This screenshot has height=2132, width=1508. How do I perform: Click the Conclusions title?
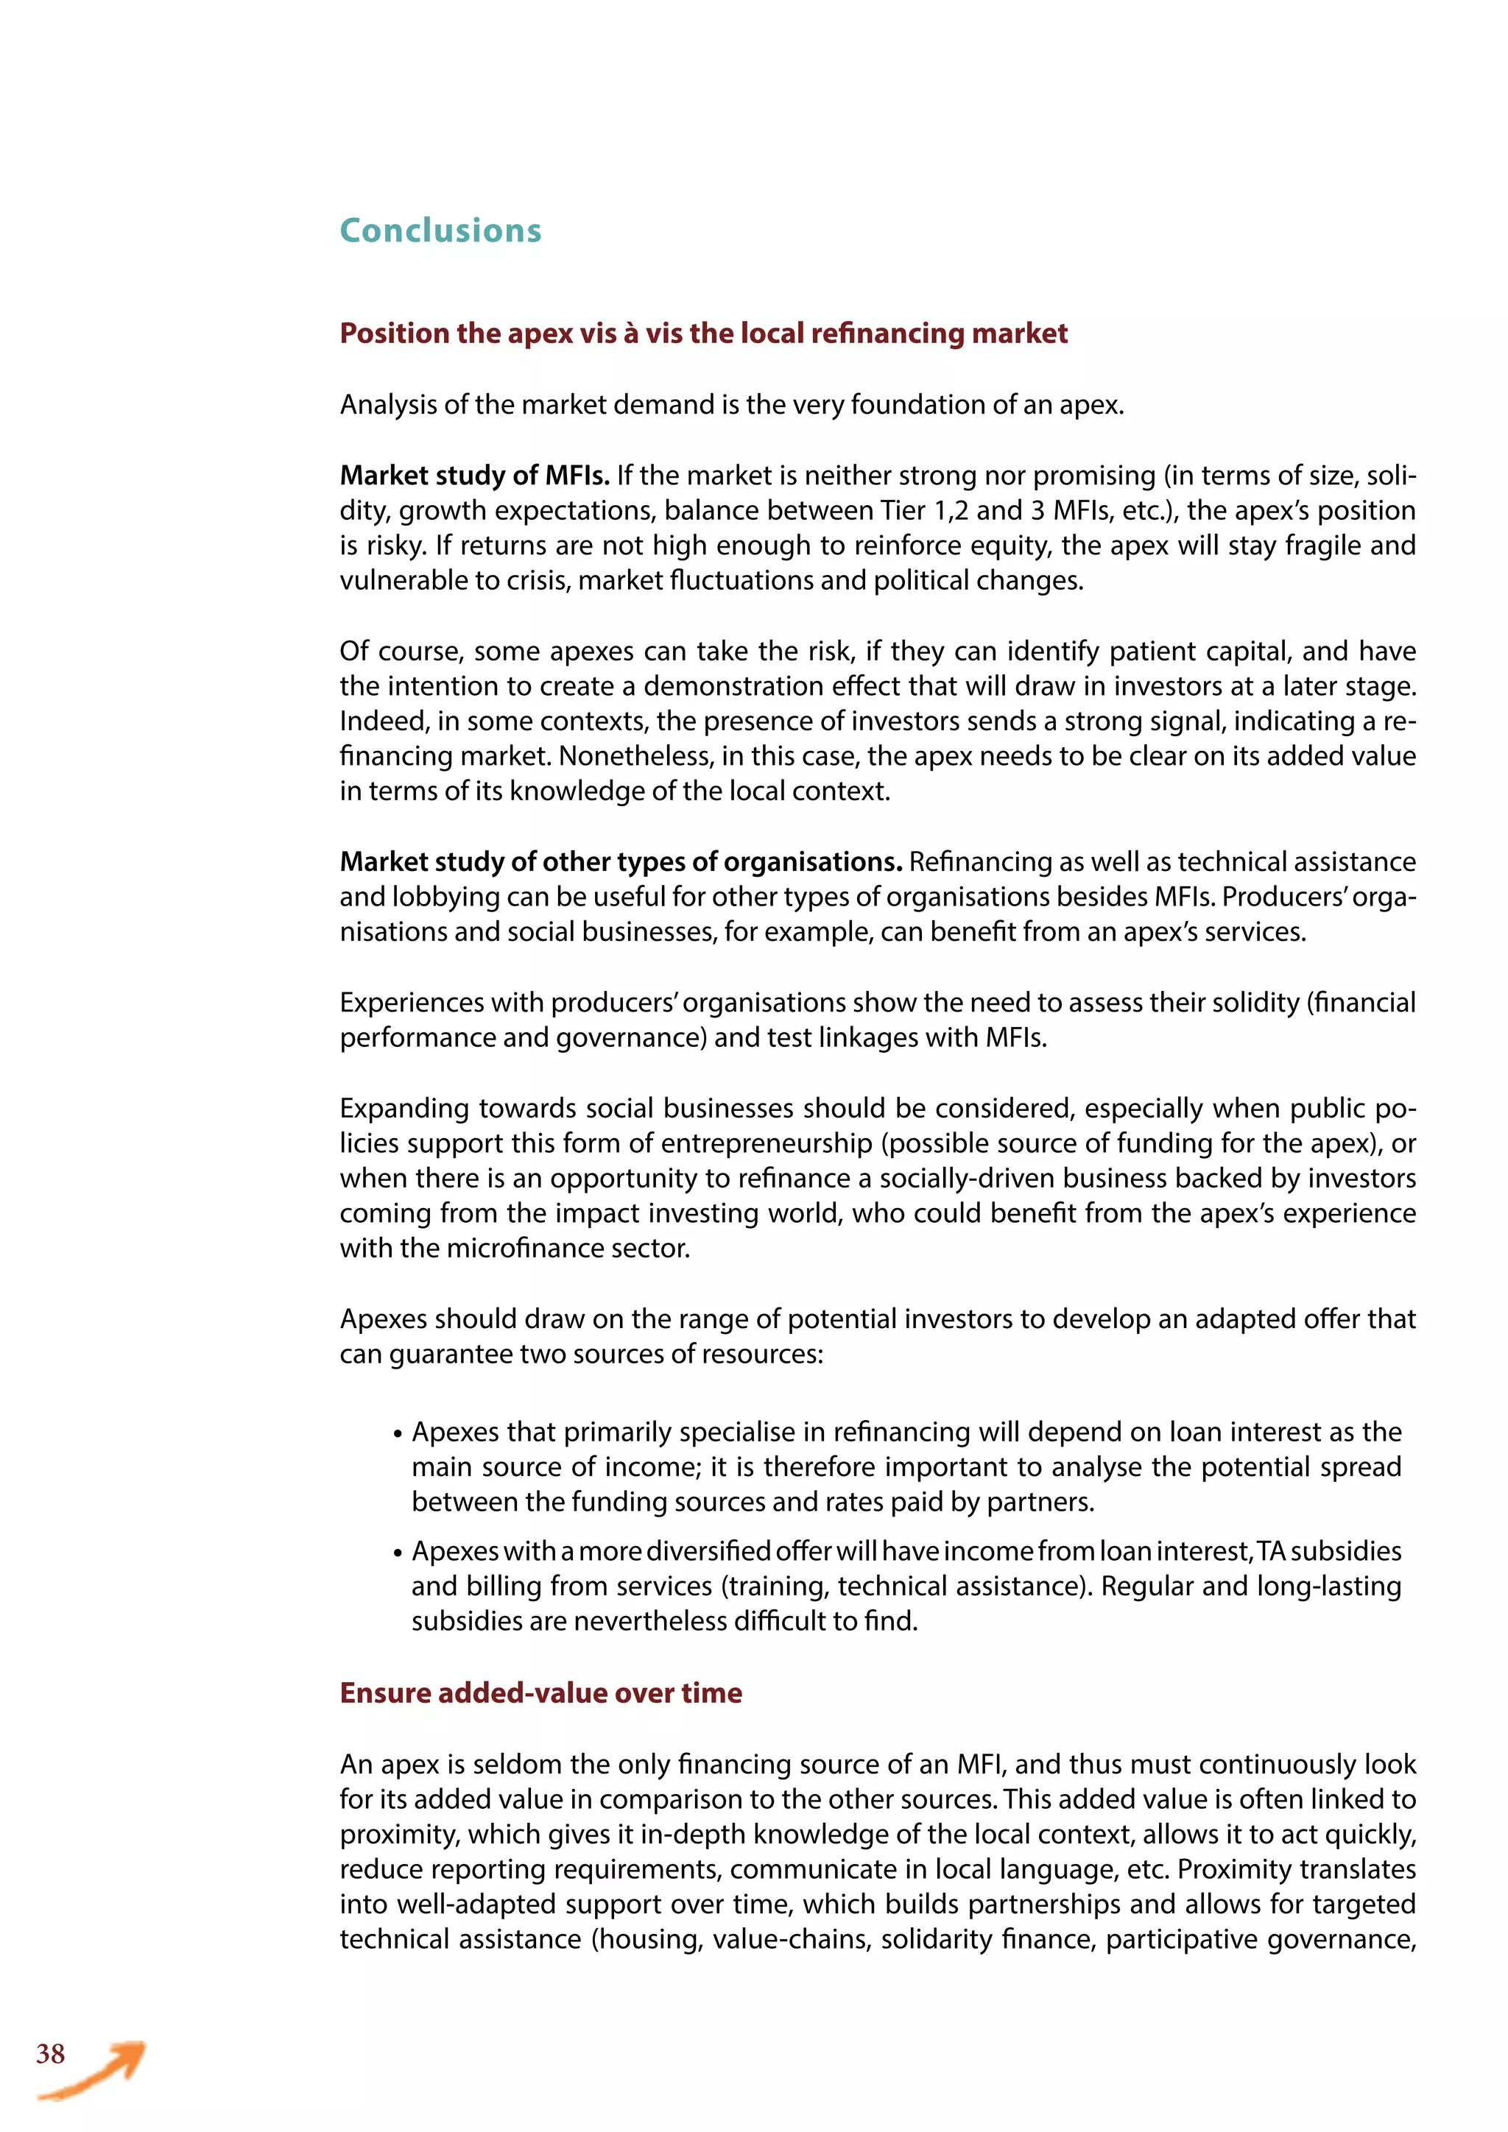(x=440, y=230)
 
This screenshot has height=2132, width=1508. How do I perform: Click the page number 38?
(x=50, y=2053)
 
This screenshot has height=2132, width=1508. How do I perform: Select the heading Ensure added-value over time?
(x=540, y=1692)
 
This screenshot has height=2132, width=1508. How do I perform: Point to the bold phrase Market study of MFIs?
(x=473, y=476)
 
